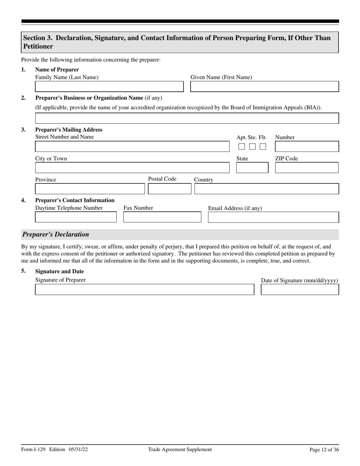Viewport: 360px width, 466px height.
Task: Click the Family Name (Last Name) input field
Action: [109, 87]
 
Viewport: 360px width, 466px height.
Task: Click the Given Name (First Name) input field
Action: [264, 87]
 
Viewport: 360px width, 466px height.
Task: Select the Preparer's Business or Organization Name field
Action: [187, 118]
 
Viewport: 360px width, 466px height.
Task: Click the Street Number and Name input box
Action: [132, 147]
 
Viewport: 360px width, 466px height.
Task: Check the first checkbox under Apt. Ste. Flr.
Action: [242, 147]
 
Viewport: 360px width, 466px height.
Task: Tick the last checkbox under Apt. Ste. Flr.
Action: [263, 147]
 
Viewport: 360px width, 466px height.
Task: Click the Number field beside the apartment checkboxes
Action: [307, 147]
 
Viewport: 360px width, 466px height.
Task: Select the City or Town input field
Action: [132, 168]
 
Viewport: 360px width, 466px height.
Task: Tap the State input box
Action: [252, 168]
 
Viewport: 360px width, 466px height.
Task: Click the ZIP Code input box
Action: [307, 168]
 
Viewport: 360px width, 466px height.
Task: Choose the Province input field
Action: [90, 189]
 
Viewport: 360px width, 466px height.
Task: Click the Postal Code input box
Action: [169, 189]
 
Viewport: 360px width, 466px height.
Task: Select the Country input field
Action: [266, 189]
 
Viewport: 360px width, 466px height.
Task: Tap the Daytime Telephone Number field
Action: [76, 217]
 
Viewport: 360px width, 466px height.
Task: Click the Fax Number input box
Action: [162, 217]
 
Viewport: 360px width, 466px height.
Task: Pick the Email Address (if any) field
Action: [273, 217]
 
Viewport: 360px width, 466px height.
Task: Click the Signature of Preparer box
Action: [144, 289]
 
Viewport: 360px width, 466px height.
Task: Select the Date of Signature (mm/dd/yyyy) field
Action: [300, 289]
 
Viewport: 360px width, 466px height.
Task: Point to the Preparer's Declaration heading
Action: [56, 235]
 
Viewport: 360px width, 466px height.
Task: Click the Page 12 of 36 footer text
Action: [324, 450]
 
